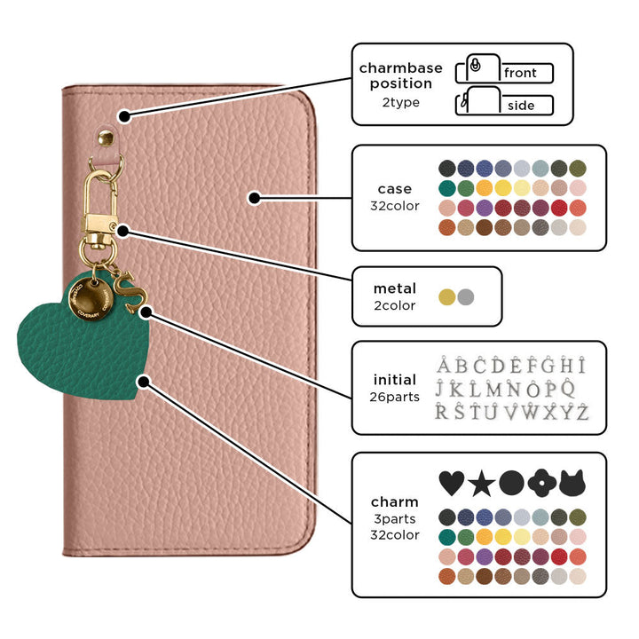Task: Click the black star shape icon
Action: coord(481,484)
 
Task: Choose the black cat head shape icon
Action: coord(572,484)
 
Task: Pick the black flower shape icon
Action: coord(541,484)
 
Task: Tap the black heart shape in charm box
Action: coord(452,484)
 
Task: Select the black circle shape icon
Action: coord(511,484)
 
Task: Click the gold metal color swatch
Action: coord(446,297)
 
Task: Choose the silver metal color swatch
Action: coord(466,297)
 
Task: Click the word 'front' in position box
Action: coord(520,74)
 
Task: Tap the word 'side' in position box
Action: coord(521,106)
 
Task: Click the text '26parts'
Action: coord(395,397)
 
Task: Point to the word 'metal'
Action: coord(395,288)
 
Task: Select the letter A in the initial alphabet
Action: coord(445,367)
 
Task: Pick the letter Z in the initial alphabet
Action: coord(581,412)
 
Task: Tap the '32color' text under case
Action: coord(395,206)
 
